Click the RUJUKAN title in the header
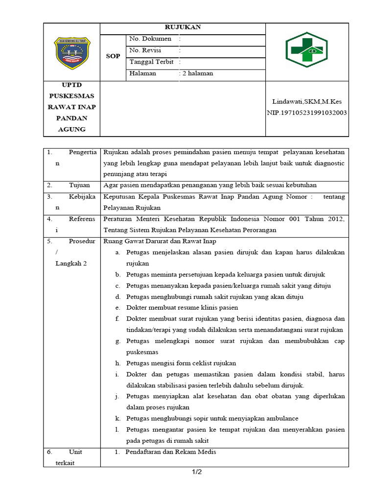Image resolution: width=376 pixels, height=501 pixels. pyautogui.click(x=183, y=28)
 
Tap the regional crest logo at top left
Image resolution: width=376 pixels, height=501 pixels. pyautogui.click(x=72, y=52)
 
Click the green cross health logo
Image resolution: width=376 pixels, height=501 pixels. pyautogui.click(x=306, y=50)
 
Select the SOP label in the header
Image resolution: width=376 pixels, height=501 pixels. pyautogui.click(x=113, y=56)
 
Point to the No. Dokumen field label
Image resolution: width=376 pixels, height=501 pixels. pyautogui.click(x=150, y=39)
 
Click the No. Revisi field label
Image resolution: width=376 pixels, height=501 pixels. pyautogui.click(x=145, y=50)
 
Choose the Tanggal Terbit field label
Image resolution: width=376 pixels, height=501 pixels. pyautogui.click(x=152, y=62)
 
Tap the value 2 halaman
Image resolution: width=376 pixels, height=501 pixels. pyautogui.click(x=198, y=74)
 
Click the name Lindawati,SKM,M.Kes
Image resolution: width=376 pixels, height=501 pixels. pyautogui.click(x=307, y=102)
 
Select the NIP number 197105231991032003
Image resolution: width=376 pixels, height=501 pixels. pyautogui.click(x=307, y=113)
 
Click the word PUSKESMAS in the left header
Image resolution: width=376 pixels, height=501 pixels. pyautogui.click(x=71, y=96)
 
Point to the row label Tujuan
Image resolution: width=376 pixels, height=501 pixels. pyautogui.click(x=79, y=185)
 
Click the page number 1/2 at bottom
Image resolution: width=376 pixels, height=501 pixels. pyautogui.click(x=196, y=472)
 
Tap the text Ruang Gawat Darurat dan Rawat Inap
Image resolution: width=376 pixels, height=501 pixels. pyautogui.click(x=160, y=241)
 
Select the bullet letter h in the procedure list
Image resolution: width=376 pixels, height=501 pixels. pyautogui.click(x=118, y=363)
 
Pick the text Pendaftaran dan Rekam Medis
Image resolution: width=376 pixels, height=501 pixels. pyautogui.click(x=170, y=452)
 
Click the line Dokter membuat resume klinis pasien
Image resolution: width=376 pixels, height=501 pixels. pyautogui.click(x=182, y=308)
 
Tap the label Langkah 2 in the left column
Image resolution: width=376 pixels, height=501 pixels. pyautogui.click(x=71, y=264)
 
